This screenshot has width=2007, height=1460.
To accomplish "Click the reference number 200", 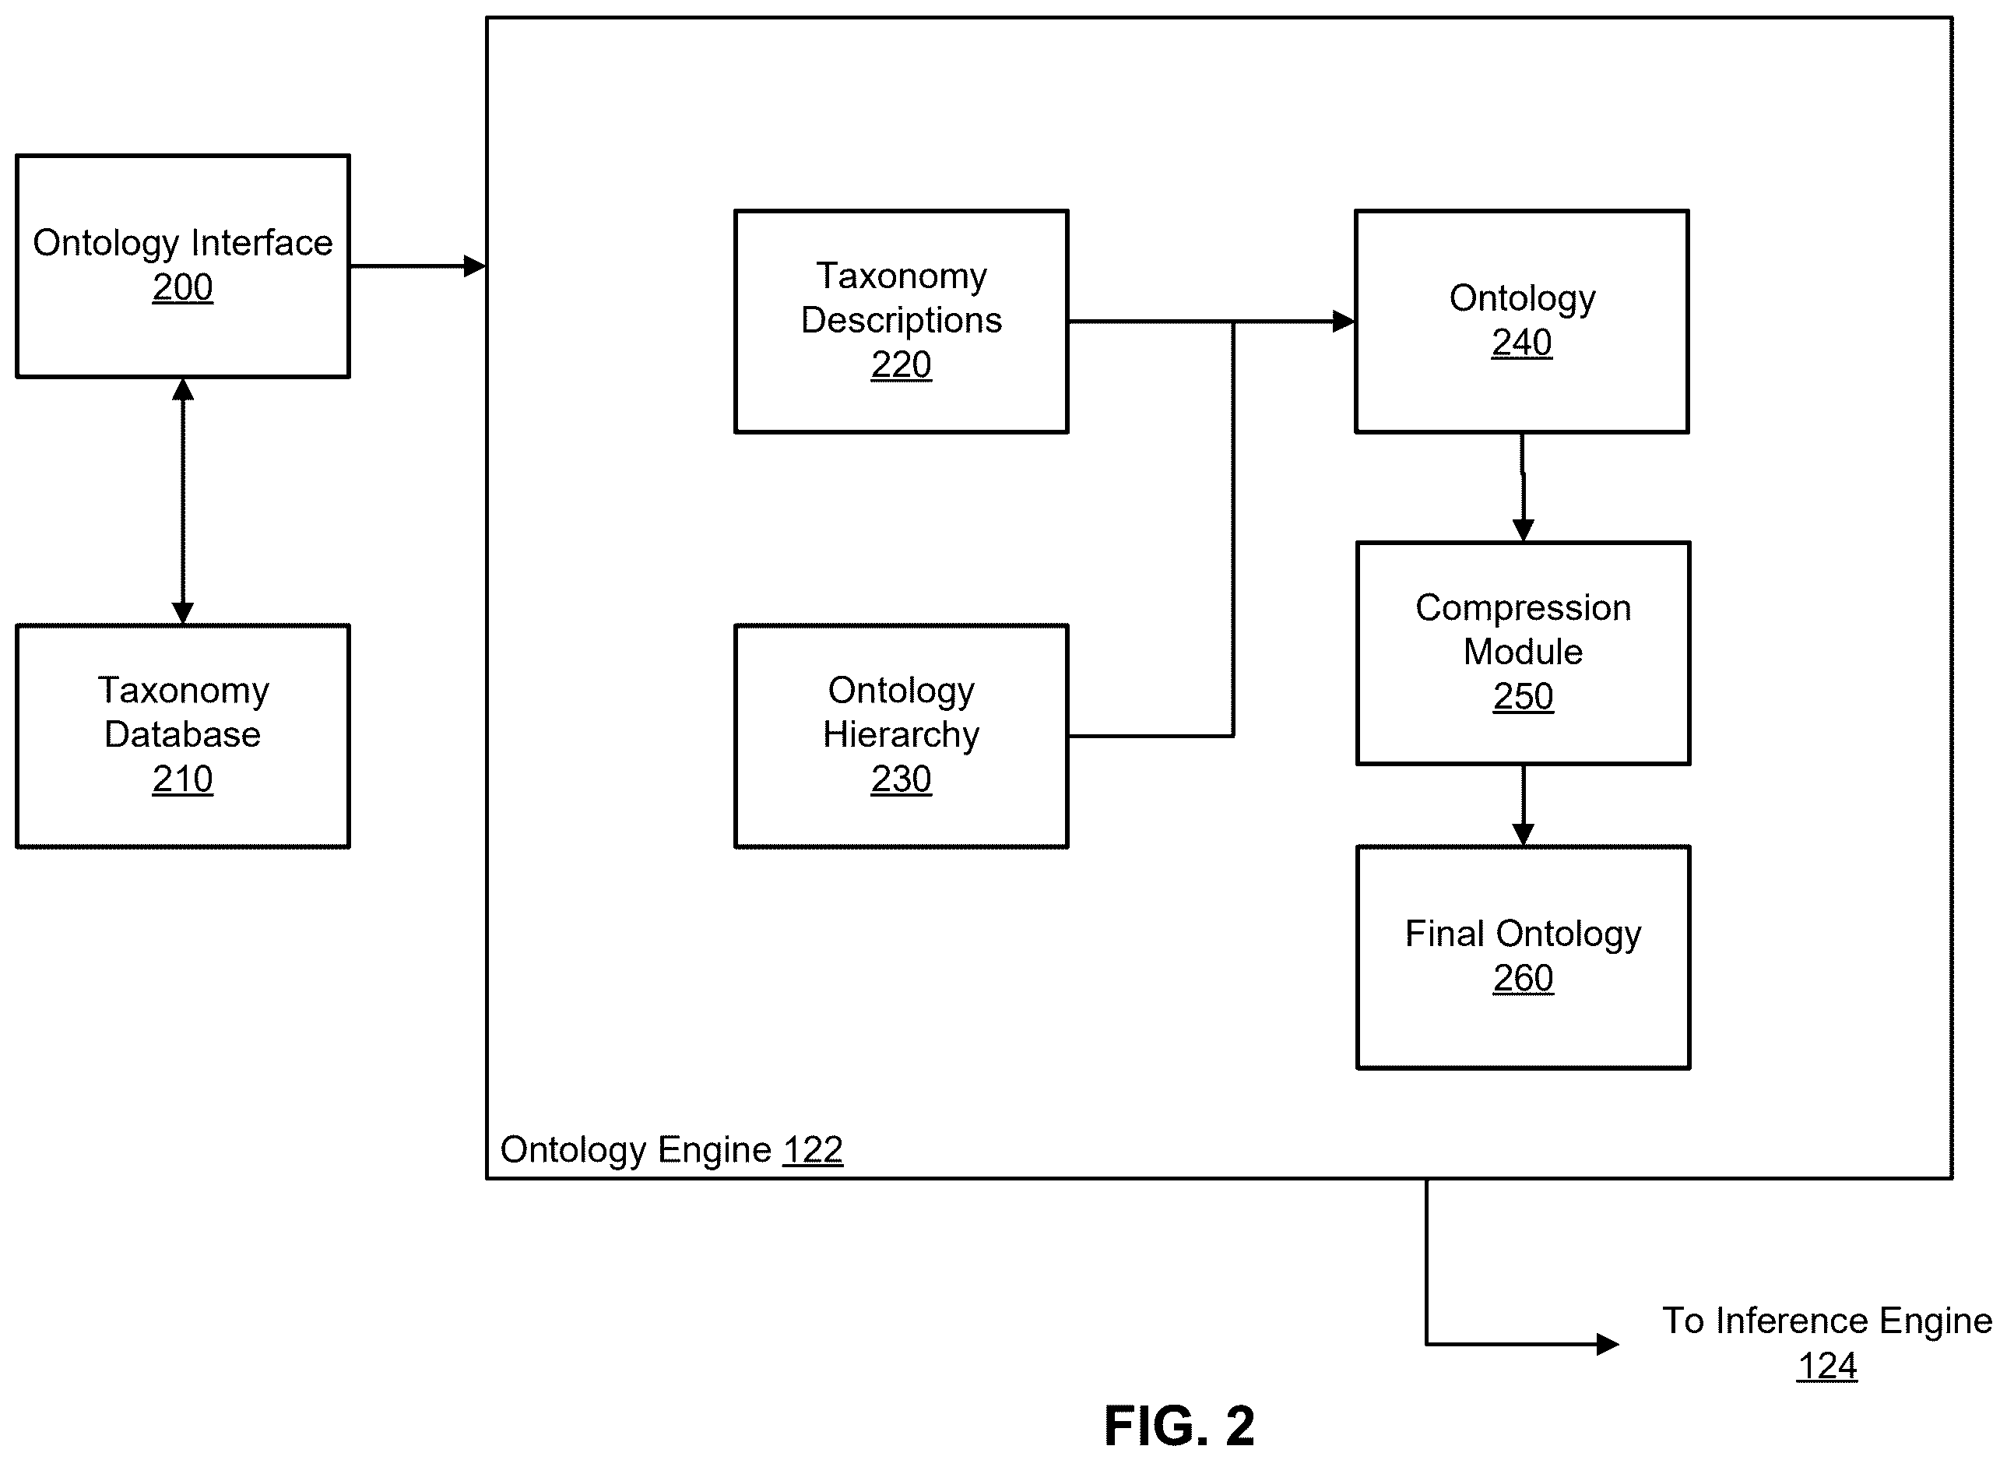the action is [x=182, y=287].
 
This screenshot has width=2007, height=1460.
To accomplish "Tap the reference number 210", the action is [x=182, y=779].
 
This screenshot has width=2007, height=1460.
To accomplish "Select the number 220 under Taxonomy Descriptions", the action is [x=901, y=364].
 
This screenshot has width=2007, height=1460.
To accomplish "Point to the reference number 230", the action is [x=901, y=779].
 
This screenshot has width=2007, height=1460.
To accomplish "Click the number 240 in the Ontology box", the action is [x=1521, y=343].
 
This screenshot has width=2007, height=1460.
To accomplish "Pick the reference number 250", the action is [x=1523, y=696].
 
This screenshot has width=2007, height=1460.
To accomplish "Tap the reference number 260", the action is [x=1523, y=979].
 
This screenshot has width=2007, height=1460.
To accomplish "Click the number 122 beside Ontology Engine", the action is [x=812, y=1150].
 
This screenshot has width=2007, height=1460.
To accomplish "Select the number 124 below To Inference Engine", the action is [x=1826, y=1367].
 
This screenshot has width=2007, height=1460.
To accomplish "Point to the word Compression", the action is [x=1523, y=609].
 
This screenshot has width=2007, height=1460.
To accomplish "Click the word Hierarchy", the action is [x=901, y=735].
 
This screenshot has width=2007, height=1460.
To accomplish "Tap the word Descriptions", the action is [x=901, y=320].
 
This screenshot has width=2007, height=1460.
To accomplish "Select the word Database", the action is [x=182, y=734].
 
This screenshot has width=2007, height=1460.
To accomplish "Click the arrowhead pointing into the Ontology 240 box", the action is [x=1343, y=321].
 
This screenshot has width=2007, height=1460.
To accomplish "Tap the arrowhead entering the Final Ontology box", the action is [x=1523, y=835].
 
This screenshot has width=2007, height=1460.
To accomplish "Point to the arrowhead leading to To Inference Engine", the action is [x=1607, y=1344].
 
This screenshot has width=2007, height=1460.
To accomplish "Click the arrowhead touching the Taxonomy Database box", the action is [x=182, y=614].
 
